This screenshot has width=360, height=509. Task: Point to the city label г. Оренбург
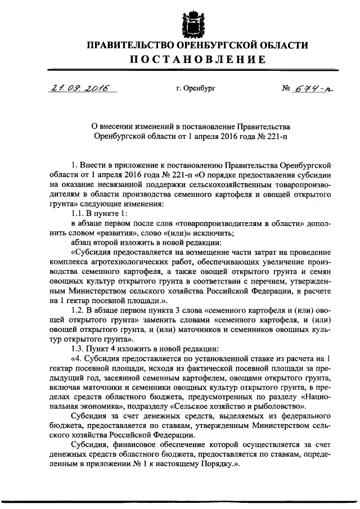195,89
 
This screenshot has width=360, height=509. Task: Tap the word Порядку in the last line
219,465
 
